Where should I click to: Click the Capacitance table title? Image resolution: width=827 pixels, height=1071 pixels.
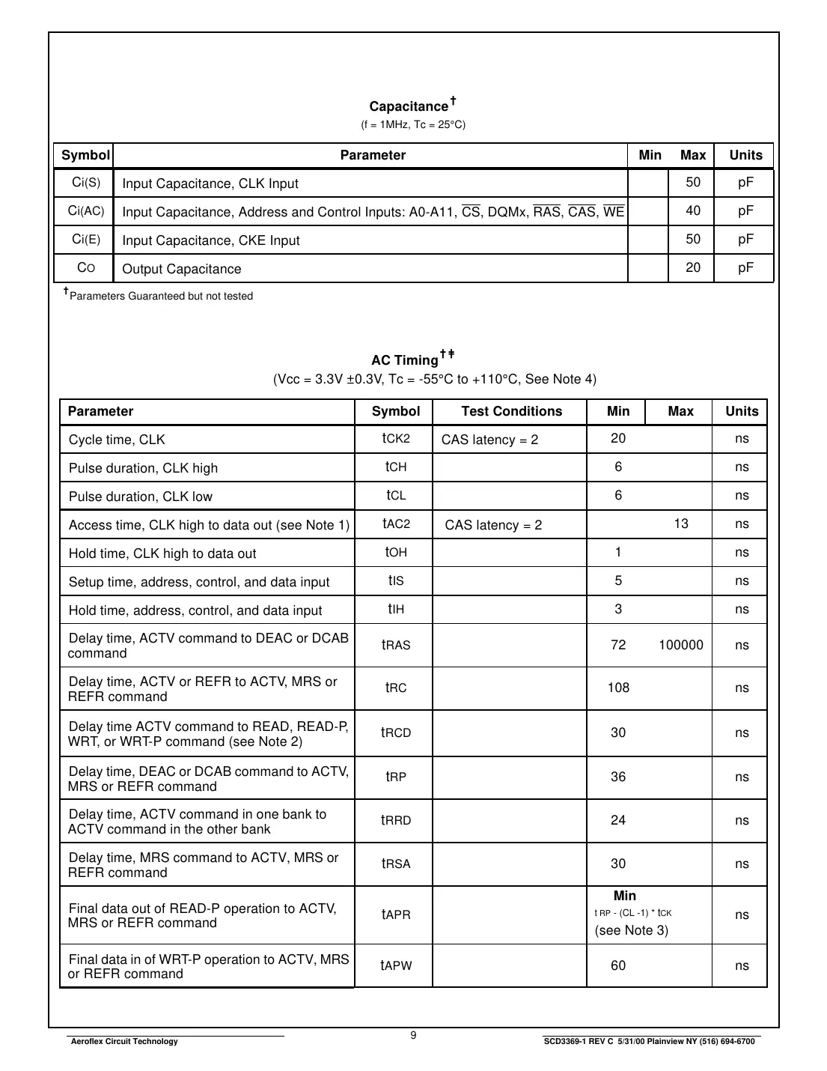coord(409,106)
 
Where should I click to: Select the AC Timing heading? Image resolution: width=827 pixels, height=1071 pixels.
coord(405,359)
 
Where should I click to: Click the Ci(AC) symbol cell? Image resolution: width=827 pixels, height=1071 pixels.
coord(86,211)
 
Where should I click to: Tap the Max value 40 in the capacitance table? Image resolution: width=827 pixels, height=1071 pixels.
coord(693,211)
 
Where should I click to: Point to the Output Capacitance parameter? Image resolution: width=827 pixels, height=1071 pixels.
coord(182,269)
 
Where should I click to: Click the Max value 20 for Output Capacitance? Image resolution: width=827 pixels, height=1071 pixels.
coord(693,268)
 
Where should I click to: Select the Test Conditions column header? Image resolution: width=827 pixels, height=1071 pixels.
coord(511,411)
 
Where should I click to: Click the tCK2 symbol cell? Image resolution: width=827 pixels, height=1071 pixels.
coord(396,438)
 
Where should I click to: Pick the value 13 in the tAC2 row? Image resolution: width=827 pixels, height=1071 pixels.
coord(680,524)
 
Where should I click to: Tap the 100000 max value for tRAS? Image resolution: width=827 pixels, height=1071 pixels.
coord(680,645)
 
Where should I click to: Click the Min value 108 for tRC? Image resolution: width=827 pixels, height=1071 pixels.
coord(618,688)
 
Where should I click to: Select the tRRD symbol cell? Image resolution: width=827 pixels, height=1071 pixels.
coord(396,820)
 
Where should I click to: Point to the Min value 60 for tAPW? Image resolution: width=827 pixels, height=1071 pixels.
coord(618,965)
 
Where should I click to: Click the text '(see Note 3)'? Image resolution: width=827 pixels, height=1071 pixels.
coord(631,930)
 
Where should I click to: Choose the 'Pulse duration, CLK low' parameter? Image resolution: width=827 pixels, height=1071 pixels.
coord(141,497)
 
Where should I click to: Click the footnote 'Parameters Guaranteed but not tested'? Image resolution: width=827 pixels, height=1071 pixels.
coord(160,296)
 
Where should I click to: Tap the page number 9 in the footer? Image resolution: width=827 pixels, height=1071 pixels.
coord(413,1035)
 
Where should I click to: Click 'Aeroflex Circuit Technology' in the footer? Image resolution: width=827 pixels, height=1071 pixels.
coord(123,1041)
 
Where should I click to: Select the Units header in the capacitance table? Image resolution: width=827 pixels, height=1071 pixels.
coord(745,155)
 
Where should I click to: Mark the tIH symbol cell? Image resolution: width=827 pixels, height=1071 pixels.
coord(396,609)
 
